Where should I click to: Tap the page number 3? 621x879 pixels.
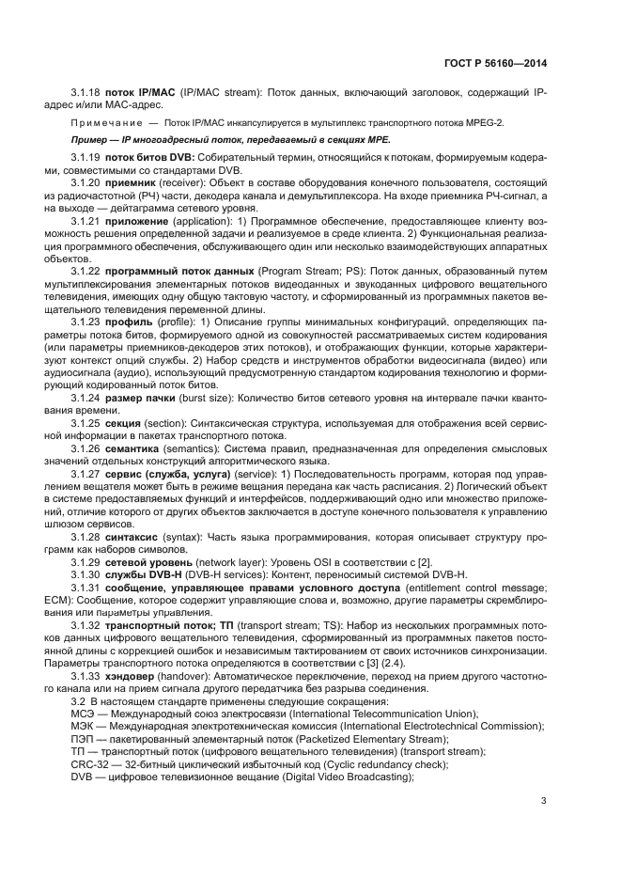(544, 801)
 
